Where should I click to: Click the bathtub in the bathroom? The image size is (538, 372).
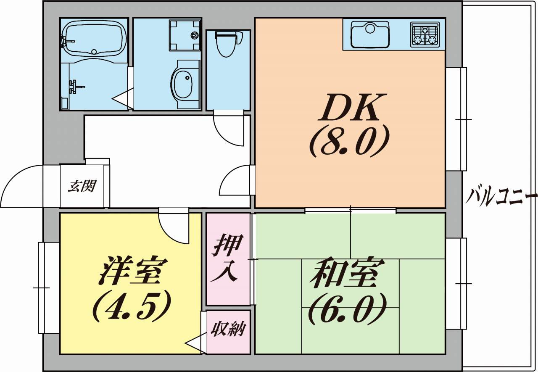click(x=93, y=39)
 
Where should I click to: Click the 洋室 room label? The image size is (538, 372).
click(x=131, y=270)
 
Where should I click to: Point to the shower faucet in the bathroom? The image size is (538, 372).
click(x=76, y=86)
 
